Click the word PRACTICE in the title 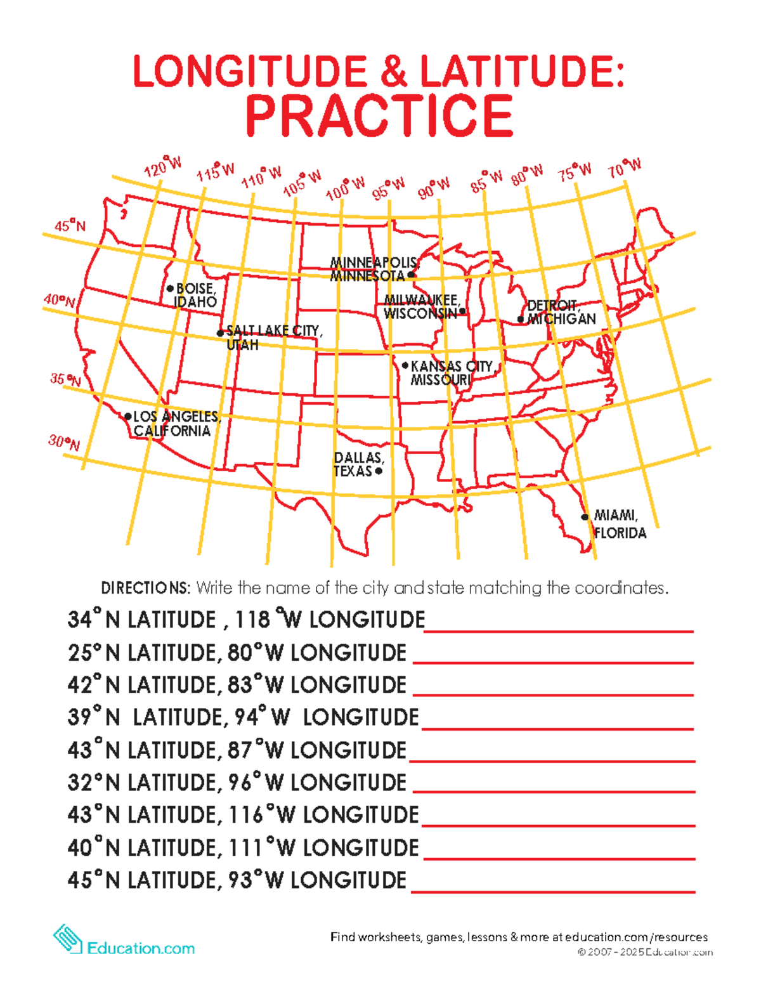click(x=379, y=115)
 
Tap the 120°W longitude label click(x=163, y=166)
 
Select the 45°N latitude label click(x=70, y=226)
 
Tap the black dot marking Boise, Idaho click(x=170, y=289)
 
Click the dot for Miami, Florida click(x=585, y=517)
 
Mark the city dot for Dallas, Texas click(x=379, y=471)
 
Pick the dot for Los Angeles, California click(x=128, y=417)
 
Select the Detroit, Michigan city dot click(x=521, y=319)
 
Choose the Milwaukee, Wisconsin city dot click(x=462, y=311)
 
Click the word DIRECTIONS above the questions click(x=145, y=588)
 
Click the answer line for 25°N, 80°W click(x=553, y=660)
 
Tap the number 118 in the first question click(x=252, y=620)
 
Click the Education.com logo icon click(x=67, y=939)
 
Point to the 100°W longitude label click(x=346, y=188)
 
